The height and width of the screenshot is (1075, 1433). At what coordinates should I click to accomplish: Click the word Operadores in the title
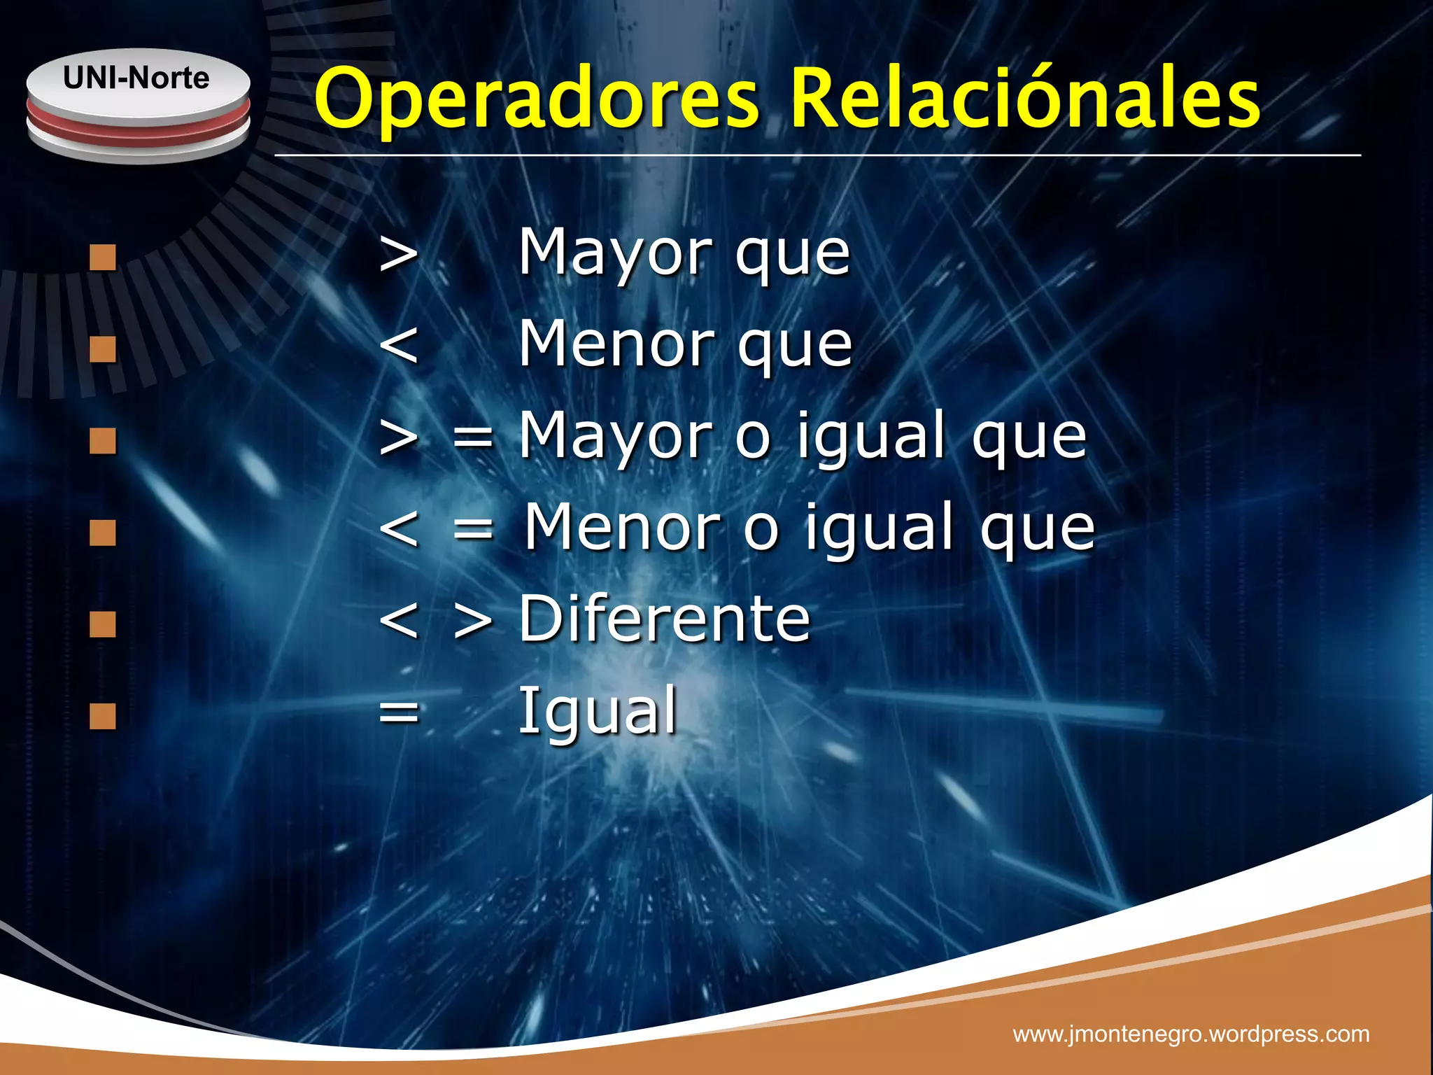[536, 99]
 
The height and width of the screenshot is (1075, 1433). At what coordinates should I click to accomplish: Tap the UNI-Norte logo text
[136, 78]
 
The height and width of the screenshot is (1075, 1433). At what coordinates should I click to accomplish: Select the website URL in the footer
[1191, 1034]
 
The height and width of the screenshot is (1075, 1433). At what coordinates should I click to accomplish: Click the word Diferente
[664, 619]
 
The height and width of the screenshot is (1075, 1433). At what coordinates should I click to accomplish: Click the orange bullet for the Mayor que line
[103, 257]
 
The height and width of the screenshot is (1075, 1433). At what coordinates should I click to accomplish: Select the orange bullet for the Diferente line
[103, 624]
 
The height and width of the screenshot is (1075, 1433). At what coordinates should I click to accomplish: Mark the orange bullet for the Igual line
[103, 716]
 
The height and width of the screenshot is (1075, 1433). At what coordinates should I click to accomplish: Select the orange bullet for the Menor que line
[103, 349]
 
